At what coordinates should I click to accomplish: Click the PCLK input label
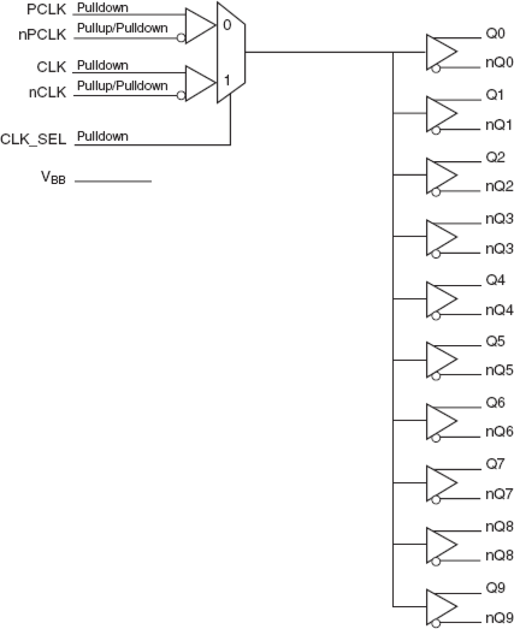click(46, 10)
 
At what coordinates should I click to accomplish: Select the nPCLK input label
click(42, 35)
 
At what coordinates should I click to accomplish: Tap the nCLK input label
click(47, 92)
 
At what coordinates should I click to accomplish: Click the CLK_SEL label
click(33, 139)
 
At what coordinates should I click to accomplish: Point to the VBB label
click(53, 177)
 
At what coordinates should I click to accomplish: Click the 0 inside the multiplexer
click(227, 25)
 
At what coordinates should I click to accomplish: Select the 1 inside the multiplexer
click(226, 80)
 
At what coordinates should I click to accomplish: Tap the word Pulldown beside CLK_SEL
click(102, 136)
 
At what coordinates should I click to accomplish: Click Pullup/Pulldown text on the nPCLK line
click(122, 28)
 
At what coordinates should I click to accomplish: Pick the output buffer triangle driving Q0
click(440, 52)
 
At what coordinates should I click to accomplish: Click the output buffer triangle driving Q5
click(440, 359)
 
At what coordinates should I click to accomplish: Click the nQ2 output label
click(499, 186)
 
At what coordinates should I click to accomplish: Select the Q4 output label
click(495, 280)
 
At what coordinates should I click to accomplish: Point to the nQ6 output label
click(499, 431)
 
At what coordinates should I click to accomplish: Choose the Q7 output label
click(495, 464)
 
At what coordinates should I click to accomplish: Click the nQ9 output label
click(499, 617)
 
